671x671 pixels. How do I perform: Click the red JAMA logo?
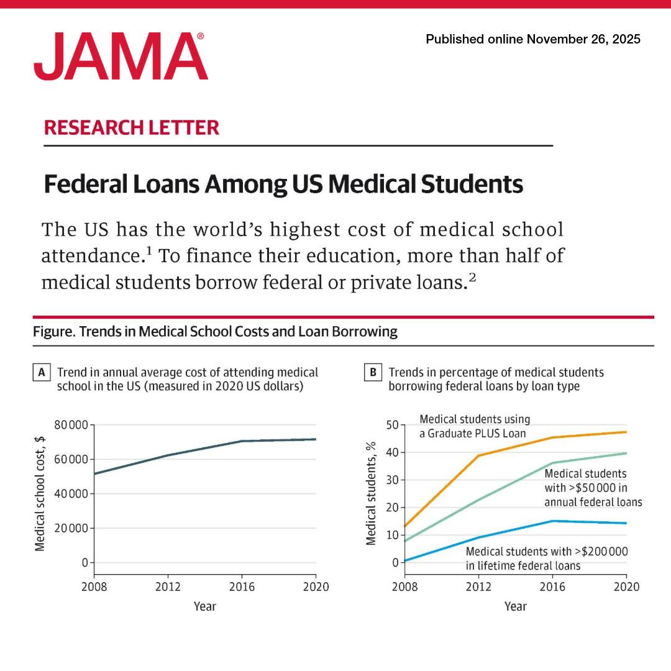tap(121, 57)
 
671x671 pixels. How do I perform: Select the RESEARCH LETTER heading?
tap(132, 127)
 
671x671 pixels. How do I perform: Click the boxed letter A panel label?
tap(42, 373)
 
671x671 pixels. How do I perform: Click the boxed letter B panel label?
tap(373, 373)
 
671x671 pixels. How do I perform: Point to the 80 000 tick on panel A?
tap(71, 426)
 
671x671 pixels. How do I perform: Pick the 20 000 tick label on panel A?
tap(71, 529)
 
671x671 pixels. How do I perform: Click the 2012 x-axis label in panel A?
tap(168, 587)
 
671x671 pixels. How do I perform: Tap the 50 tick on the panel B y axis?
tap(393, 426)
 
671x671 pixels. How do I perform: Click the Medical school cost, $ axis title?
tap(40, 493)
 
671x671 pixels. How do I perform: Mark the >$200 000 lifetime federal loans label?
tap(547, 559)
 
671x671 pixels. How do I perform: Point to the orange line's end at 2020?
tap(626, 432)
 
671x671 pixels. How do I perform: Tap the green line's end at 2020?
tap(626, 453)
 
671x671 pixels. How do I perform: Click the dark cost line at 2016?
tap(241, 441)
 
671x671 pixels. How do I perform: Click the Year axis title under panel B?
tap(515, 606)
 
